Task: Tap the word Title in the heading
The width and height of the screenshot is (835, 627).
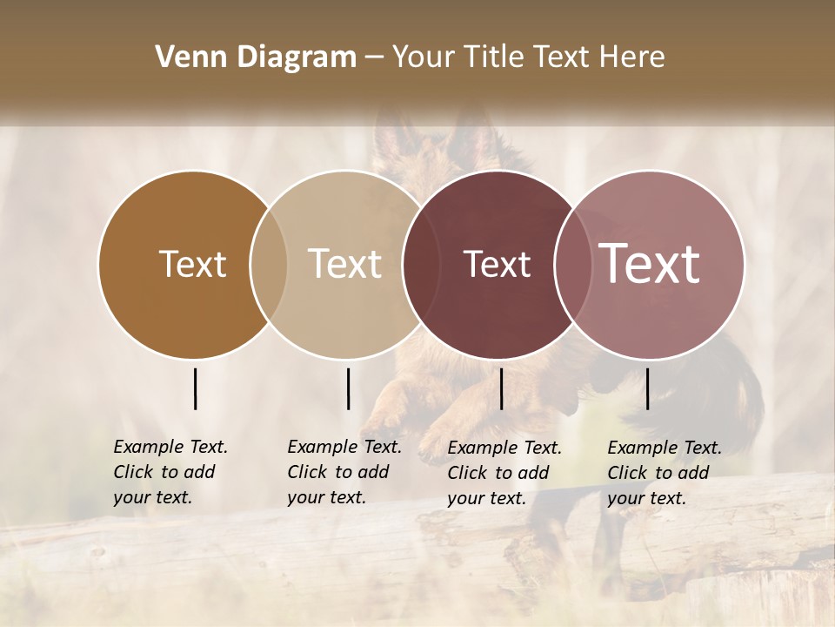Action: (x=493, y=57)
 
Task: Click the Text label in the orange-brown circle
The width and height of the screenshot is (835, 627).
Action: (x=192, y=264)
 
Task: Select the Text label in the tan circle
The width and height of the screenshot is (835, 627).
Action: (x=345, y=264)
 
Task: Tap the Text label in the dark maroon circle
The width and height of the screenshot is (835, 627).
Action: (x=497, y=265)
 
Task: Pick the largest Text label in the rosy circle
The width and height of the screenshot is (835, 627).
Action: (x=650, y=264)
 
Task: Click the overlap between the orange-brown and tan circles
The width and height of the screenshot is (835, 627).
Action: (x=269, y=264)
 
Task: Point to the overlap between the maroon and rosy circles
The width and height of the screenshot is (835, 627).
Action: (x=570, y=264)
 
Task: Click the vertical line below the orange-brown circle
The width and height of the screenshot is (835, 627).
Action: (x=195, y=388)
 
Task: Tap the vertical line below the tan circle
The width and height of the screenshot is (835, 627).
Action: (x=348, y=388)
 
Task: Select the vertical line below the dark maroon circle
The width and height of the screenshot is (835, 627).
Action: (x=501, y=388)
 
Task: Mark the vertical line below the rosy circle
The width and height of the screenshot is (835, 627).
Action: (x=647, y=388)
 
